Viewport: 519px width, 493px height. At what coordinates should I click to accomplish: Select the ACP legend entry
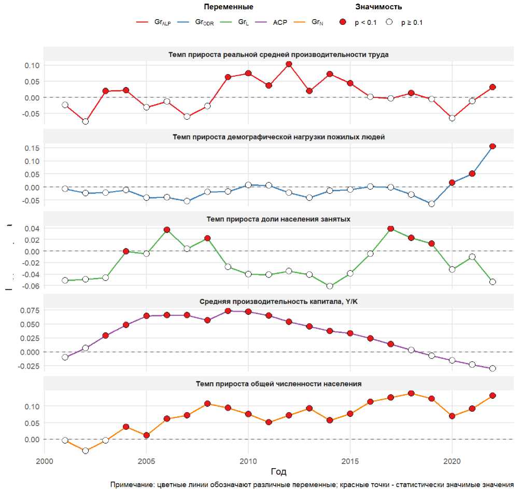271,23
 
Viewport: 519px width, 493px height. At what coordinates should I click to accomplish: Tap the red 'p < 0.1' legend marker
342,23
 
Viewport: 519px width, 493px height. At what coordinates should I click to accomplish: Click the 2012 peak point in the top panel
289,64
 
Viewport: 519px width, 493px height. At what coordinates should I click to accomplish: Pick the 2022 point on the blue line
493,147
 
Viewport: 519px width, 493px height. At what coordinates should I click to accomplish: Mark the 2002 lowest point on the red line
85,121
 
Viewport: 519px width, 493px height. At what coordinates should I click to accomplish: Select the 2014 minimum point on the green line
330,286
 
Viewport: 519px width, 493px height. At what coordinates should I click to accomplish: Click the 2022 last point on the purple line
493,369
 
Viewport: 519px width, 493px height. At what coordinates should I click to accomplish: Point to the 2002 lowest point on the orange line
85,451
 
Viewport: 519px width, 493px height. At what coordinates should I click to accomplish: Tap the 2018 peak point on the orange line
411,394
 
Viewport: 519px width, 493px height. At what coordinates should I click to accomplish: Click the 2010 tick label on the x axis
248,461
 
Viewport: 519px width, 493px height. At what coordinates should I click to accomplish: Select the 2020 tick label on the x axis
452,461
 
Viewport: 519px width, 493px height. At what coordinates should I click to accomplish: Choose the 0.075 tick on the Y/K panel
29,310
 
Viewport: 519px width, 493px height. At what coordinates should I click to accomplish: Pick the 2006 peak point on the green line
166,230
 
